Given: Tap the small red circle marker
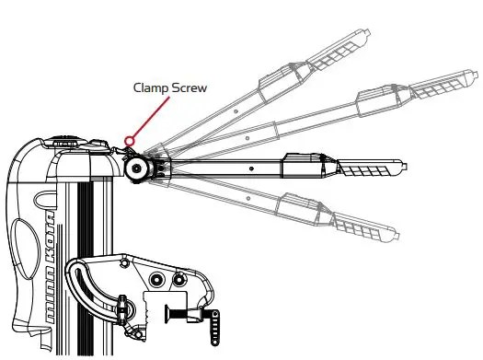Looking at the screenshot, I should click(x=130, y=142).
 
